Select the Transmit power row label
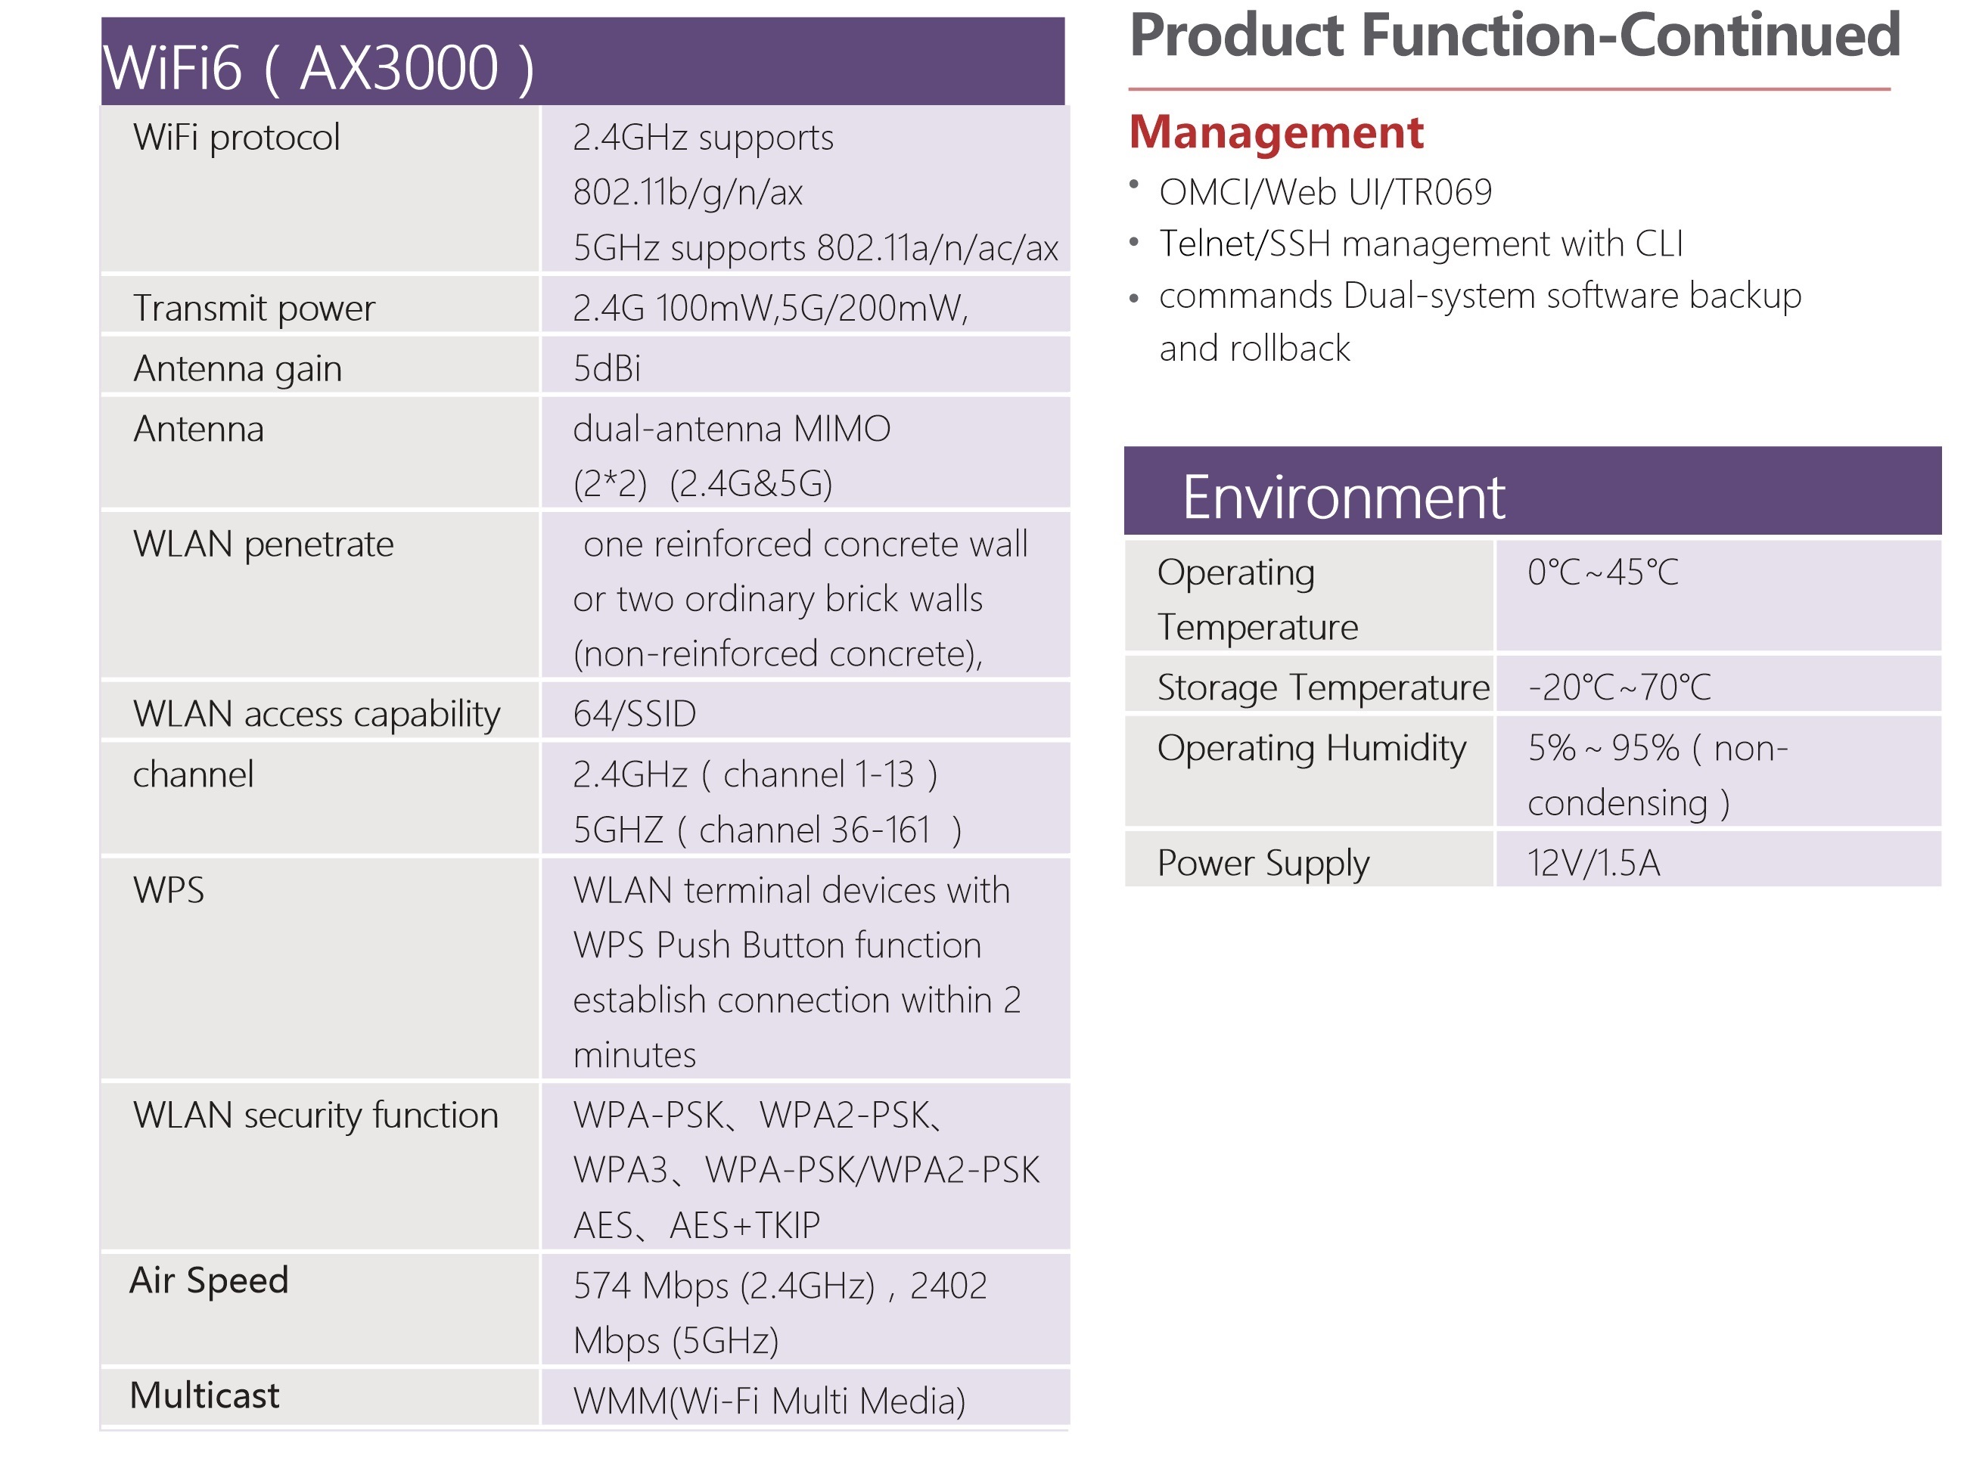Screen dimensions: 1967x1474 (254, 309)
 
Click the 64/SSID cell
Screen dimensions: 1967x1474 (634, 714)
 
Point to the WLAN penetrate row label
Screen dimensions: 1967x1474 (263, 544)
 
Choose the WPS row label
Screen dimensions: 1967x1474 (169, 890)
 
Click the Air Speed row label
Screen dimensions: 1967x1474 (209, 1281)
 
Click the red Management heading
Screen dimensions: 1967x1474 (1276, 132)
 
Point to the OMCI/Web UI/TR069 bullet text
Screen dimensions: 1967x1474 (1325, 192)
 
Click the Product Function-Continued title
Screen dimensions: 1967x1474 (1515, 36)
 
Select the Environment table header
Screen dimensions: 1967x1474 (1343, 497)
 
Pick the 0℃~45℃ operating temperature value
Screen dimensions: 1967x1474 (1602, 573)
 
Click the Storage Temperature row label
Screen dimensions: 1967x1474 (1323, 687)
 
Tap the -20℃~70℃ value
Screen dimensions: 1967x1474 (1618, 687)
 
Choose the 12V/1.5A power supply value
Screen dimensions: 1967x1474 (1593, 863)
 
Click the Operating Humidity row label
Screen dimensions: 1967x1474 (1312, 749)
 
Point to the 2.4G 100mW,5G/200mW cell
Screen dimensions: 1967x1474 (770, 309)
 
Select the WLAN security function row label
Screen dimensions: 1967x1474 (315, 1116)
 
